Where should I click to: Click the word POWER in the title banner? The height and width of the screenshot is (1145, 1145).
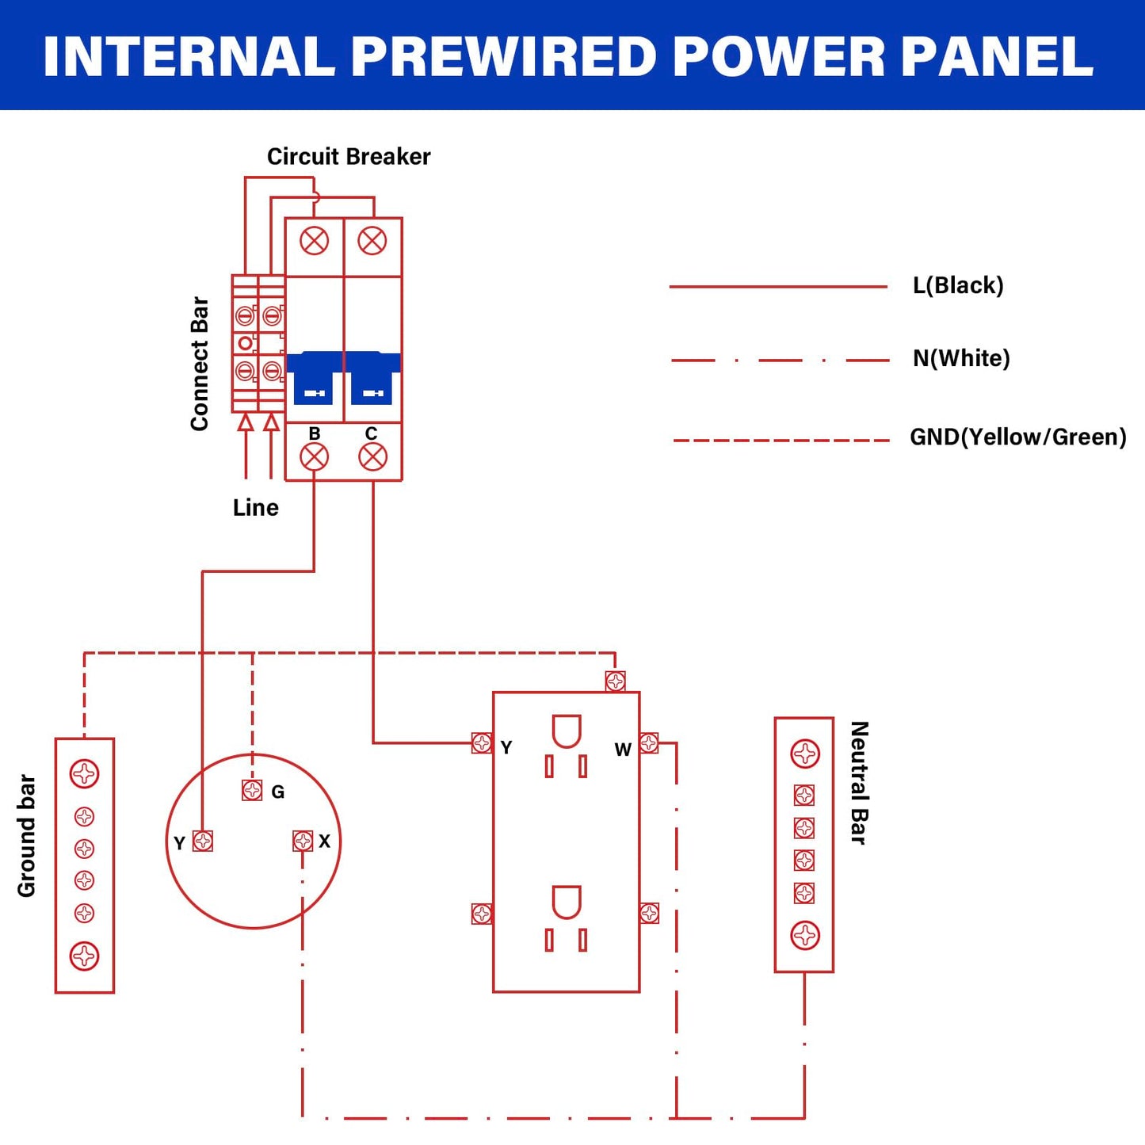(x=779, y=57)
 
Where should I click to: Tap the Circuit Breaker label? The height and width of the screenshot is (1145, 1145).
(x=349, y=157)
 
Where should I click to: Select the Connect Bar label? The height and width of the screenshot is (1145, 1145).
(x=200, y=364)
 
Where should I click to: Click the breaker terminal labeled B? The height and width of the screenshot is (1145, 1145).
(x=315, y=456)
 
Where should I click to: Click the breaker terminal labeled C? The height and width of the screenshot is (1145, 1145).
(x=372, y=456)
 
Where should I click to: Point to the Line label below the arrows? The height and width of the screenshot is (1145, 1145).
(x=255, y=508)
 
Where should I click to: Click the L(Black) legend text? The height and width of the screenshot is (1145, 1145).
(x=958, y=285)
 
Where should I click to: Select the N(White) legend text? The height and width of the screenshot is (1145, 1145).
(x=961, y=358)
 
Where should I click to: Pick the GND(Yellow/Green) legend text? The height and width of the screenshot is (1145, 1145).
(x=1017, y=437)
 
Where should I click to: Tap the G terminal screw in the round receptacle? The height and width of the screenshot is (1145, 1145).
(x=252, y=790)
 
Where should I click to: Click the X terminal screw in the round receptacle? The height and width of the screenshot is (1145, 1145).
(x=303, y=841)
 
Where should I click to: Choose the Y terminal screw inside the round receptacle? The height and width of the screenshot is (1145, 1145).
(x=203, y=841)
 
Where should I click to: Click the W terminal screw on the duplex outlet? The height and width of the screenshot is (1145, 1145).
(x=649, y=742)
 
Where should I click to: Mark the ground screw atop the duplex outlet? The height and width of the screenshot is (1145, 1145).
(x=615, y=681)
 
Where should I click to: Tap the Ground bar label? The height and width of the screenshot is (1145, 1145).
(x=27, y=836)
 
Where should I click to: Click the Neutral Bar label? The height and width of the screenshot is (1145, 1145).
(x=859, y=783)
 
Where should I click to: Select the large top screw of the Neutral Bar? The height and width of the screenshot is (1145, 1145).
(x=805, y=753)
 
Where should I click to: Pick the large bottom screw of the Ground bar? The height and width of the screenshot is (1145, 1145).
(x=84, y=956)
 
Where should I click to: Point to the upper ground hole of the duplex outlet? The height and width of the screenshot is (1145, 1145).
(x=567, y=731)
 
